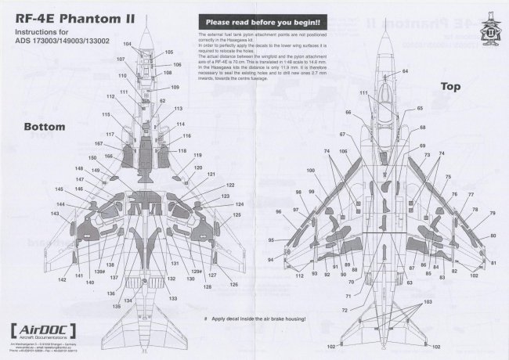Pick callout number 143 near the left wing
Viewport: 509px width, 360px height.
56,214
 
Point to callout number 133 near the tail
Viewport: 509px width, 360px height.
172,298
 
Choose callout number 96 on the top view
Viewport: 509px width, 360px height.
278,212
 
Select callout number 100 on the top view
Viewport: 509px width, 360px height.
311,170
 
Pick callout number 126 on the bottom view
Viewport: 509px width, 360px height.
233,285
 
